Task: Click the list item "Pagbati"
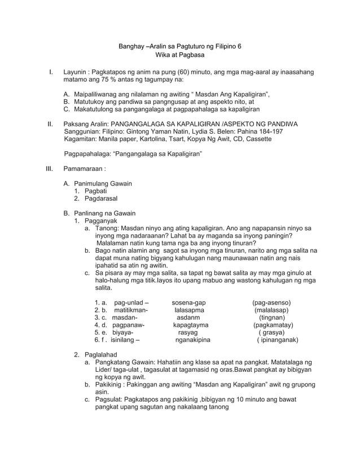(95, 191)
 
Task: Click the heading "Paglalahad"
(100, 354)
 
